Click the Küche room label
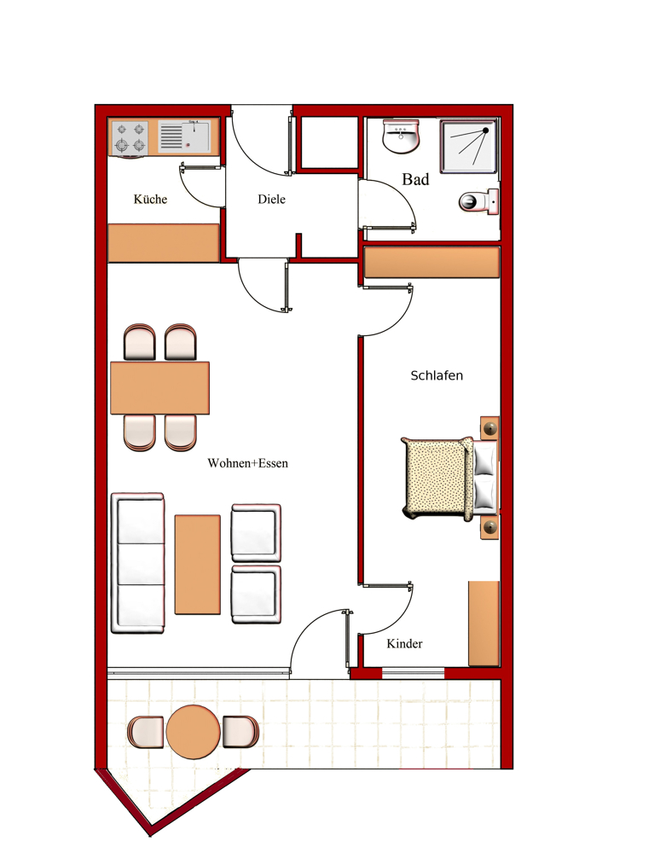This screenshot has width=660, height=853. click(150, 199)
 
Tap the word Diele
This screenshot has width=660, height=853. click(271, 199)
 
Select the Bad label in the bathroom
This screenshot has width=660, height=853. click(415, 179)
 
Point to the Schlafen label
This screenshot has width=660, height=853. click(437, 375)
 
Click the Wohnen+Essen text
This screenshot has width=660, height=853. click(247, 463)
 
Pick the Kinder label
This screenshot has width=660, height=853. click(404, 643)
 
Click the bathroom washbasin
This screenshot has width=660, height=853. click(402, 136)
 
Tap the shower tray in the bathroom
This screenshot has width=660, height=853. click(469, 147)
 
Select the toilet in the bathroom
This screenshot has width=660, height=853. click(479, 201)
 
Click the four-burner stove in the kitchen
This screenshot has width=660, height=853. click(130, 137)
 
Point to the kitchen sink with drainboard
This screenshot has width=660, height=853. click(183, 136)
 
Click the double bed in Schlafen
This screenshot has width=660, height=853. click(449, 479)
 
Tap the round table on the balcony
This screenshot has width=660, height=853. click(193, 732)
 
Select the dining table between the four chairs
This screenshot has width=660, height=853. click(159, 388)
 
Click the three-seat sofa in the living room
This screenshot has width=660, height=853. click(137, 563)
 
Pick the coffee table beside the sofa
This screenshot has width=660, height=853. click(197, 565)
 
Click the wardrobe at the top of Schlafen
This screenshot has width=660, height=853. click(431, 262)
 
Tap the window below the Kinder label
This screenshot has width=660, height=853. click(414, 673)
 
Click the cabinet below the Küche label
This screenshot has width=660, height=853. click(164, 242)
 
